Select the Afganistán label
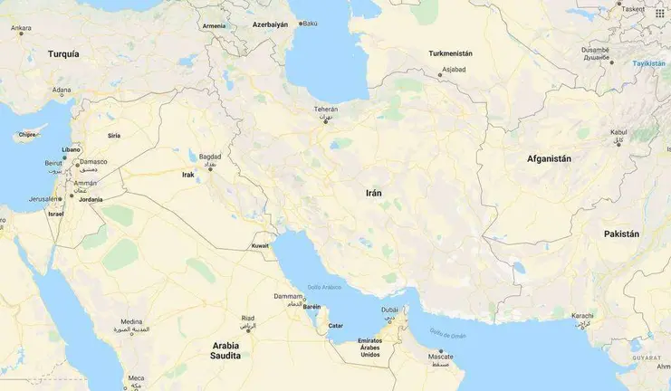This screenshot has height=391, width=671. tap(549, 158)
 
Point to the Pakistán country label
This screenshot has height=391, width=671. tap(621, 234)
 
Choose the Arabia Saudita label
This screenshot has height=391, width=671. tap(225, 350)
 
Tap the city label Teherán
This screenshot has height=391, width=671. tap(325, 110)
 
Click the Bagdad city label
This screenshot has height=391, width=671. tap(210, 156)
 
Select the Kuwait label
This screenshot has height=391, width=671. tap(260, 245)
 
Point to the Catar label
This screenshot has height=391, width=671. tap(335, 325)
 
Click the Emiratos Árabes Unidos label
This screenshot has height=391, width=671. tap(369, 348)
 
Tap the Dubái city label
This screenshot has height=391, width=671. tap(389, 310)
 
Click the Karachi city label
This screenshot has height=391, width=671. tap(583, 316)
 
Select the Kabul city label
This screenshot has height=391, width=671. tap(618, 131)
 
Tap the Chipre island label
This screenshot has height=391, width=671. tap(27, 134)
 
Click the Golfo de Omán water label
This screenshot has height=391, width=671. tap(447, 334)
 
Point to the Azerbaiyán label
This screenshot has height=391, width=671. tap(270, 24)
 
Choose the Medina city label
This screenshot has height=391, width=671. tap(131, 321)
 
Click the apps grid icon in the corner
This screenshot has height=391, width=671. tap(658, 13)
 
